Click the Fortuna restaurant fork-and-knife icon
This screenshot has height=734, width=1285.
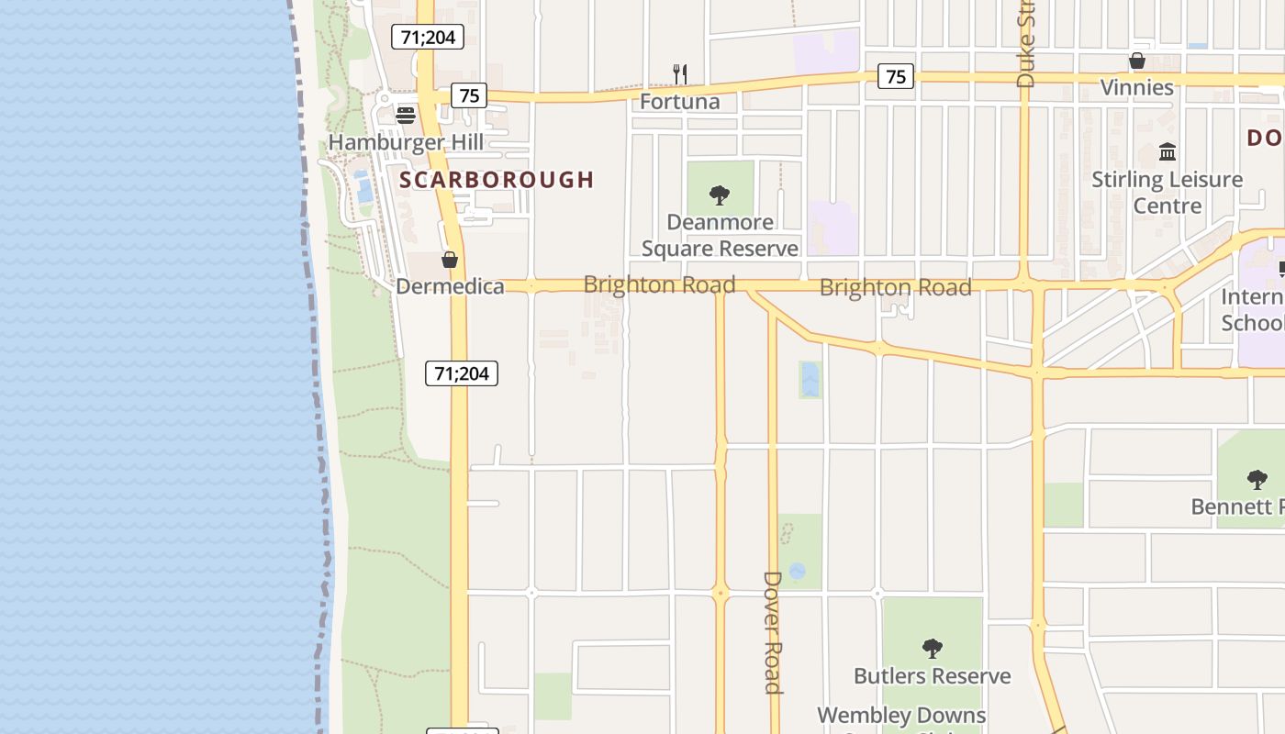pyautogui.click(x=680, y=73)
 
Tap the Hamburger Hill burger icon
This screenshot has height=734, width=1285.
pyautogui.click(x=405, y=115)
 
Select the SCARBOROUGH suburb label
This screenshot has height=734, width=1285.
pyautogui.click(x=497, y=180)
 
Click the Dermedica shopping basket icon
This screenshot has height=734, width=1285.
pyautogui.click(x=450, y=260)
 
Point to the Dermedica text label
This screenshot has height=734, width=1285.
pyautogui.click(x=450, y=286)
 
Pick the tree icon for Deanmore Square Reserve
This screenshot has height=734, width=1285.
pyautogui.click(x=720, y=195)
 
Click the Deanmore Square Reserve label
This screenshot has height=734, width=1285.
pyautogui.click(x=720, y=235)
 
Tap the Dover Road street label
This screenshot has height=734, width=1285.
pyautogui.click(x=773, y=632)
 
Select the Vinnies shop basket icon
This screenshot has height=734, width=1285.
pyautogui.click(x=1137, y=61)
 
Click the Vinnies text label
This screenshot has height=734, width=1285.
pyautogui.click(x=1137, y=87)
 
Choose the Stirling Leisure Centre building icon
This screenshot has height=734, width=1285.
pyautogui.click(x=1168, y=151)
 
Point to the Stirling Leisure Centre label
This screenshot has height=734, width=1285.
pyautogui.click(x=1168, y=192)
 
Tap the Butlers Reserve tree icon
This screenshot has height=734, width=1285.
pyautogui.click(x=933, y=649)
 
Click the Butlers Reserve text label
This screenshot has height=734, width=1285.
pyautogui.click(x=933, y=676)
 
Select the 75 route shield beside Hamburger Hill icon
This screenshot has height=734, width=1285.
pyautogui.click(x=469, y=95)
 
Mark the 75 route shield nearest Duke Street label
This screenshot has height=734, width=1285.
pyautogui.click(x=896, y=76)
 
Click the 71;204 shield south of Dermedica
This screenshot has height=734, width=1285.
pyautogui.click(x=462, y=373)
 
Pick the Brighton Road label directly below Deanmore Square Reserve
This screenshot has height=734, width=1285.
pyautogui.click(x=659, y=284)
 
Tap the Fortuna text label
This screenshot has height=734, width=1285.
pyautogui.click(x=680, y=101)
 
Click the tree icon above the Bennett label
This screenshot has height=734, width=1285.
pyautogui.click(x=1257, y=479)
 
